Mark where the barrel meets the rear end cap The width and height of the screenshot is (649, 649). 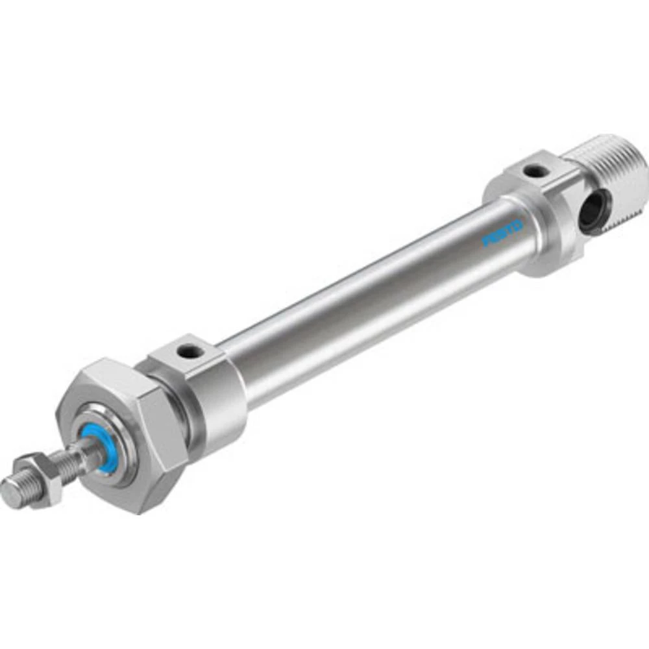[x=516, y=221]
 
